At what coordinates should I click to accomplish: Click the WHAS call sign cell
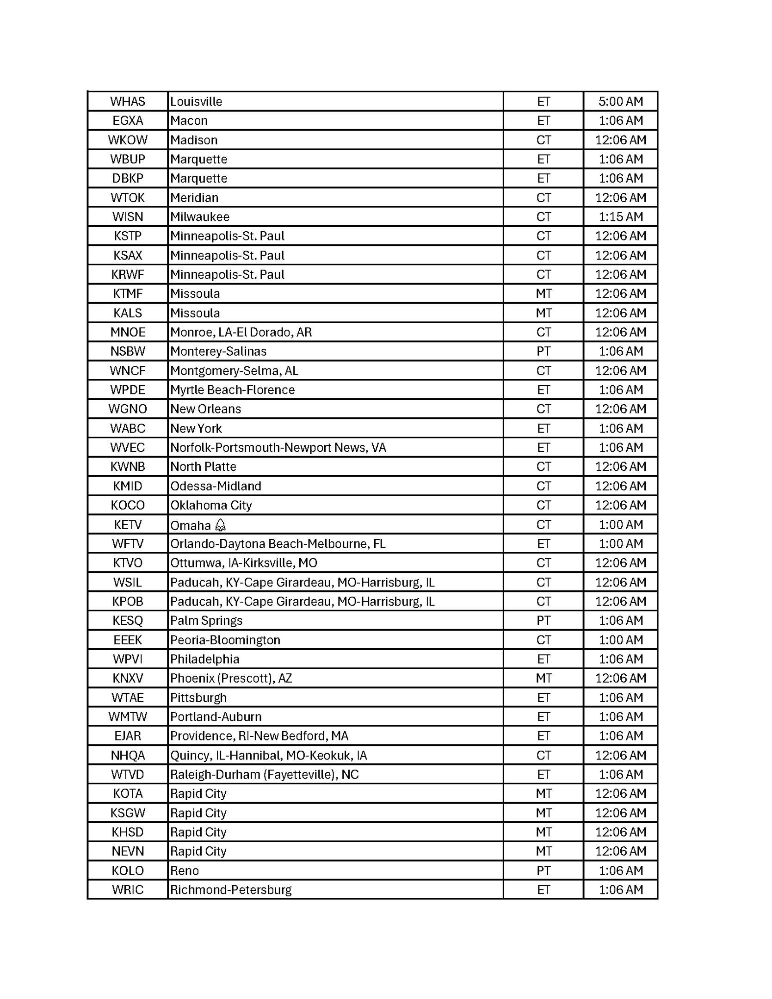click(x=128, y=101)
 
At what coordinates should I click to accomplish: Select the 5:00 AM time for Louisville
click(x=620, y=101)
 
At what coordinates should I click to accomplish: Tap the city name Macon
click(x=189, y=121)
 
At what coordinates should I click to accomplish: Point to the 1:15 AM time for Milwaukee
click(x=620, y=217)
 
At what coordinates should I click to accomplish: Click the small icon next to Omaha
click(x=221, y=525)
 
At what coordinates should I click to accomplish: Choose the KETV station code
click(x=128, y=525)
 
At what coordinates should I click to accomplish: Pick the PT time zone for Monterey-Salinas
click(x=543, y=351)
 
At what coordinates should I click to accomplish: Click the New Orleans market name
click(x=205, y=409)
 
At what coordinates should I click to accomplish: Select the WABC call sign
click(x=128, y=429)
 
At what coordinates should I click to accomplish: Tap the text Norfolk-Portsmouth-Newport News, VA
click(x=278, y=448)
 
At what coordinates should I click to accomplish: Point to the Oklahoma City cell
click(x=211, y=506)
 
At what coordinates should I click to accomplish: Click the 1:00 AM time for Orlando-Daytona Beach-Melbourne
click(x=620, y=544)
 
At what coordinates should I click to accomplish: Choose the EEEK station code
click(x=128, y=640)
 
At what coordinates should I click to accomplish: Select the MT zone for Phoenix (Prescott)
click(x=543, y=678)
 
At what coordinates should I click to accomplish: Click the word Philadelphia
click(x=204, y=660)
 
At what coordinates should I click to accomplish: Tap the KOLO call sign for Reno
click(x=128, y=871)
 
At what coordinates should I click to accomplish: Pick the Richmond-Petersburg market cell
click(x=231, y=890)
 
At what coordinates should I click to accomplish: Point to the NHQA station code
click(x=128, y=756)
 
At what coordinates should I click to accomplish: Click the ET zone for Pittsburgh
click(x=543, y=698)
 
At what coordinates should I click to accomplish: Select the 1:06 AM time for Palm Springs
click(x=620, y=621)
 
